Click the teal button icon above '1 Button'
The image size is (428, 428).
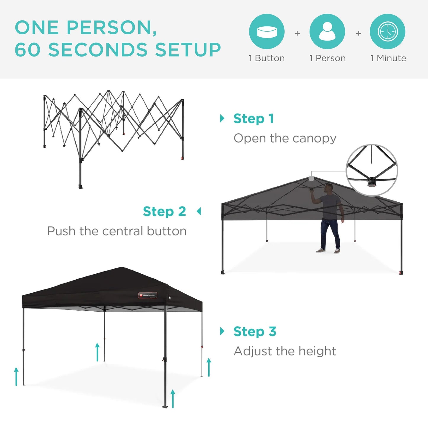click(x=267, y=31)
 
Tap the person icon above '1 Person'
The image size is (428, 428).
click(x=327, y=31)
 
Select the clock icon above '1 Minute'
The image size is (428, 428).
click(x=387, y=31)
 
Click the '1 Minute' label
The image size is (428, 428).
click(x=388, y=58)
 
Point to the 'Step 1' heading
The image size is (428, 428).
click(x=254, y=119)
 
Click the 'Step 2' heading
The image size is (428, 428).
click(x=164, y=211)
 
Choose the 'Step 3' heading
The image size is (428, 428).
click(x=255, y=331)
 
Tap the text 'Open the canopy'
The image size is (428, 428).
click(x=285, y=138)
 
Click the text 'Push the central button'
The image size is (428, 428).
click(x=117, y=231)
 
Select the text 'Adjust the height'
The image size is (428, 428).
click(x=285, y=351)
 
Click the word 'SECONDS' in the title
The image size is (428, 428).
click(x=98, y=49)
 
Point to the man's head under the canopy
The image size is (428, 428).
click(x=328, y=187)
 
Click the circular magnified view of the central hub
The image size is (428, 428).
click(x=372, y=170)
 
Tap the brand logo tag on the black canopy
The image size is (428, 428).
click(x=148, y=295)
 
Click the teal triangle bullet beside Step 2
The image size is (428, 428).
click(x=199, y=211)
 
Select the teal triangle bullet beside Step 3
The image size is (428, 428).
click(x=222, y=331)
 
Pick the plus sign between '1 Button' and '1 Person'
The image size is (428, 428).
click(x=297, y=33)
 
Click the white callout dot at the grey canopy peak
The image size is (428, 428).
click(x=311, y=178)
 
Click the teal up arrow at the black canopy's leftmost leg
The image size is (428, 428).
click(x=16, y=376)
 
